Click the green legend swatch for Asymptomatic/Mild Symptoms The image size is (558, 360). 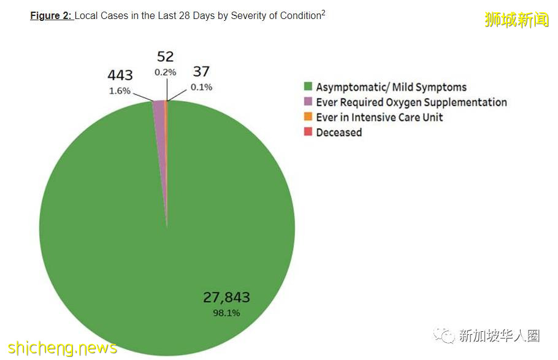(308, 87)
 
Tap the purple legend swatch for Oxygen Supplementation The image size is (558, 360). (308, 102)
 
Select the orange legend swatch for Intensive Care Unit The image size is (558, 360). (308, 117)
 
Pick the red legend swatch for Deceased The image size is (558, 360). (308, 132)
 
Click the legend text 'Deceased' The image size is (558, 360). (338, 132)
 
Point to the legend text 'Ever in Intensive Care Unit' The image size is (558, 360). (379, 117)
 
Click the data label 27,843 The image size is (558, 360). (226, 298)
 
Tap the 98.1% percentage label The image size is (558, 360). (226, 313)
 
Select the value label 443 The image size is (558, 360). (120, 75)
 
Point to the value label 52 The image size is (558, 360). (166, 57)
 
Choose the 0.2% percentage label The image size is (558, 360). (166, 72)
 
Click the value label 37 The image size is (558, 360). (201, 72)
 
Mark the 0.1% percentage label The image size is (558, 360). (201, 87)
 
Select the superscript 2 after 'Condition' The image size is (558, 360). (323, 13)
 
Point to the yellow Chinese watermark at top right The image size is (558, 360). (516, 20)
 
